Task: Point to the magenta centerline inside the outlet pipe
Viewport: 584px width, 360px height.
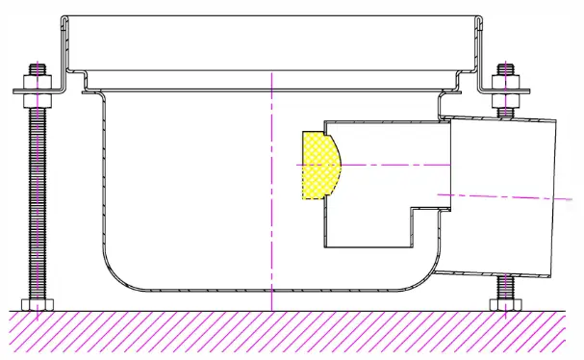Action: (500, 196)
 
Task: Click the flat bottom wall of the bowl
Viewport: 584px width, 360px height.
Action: (241, 289)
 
